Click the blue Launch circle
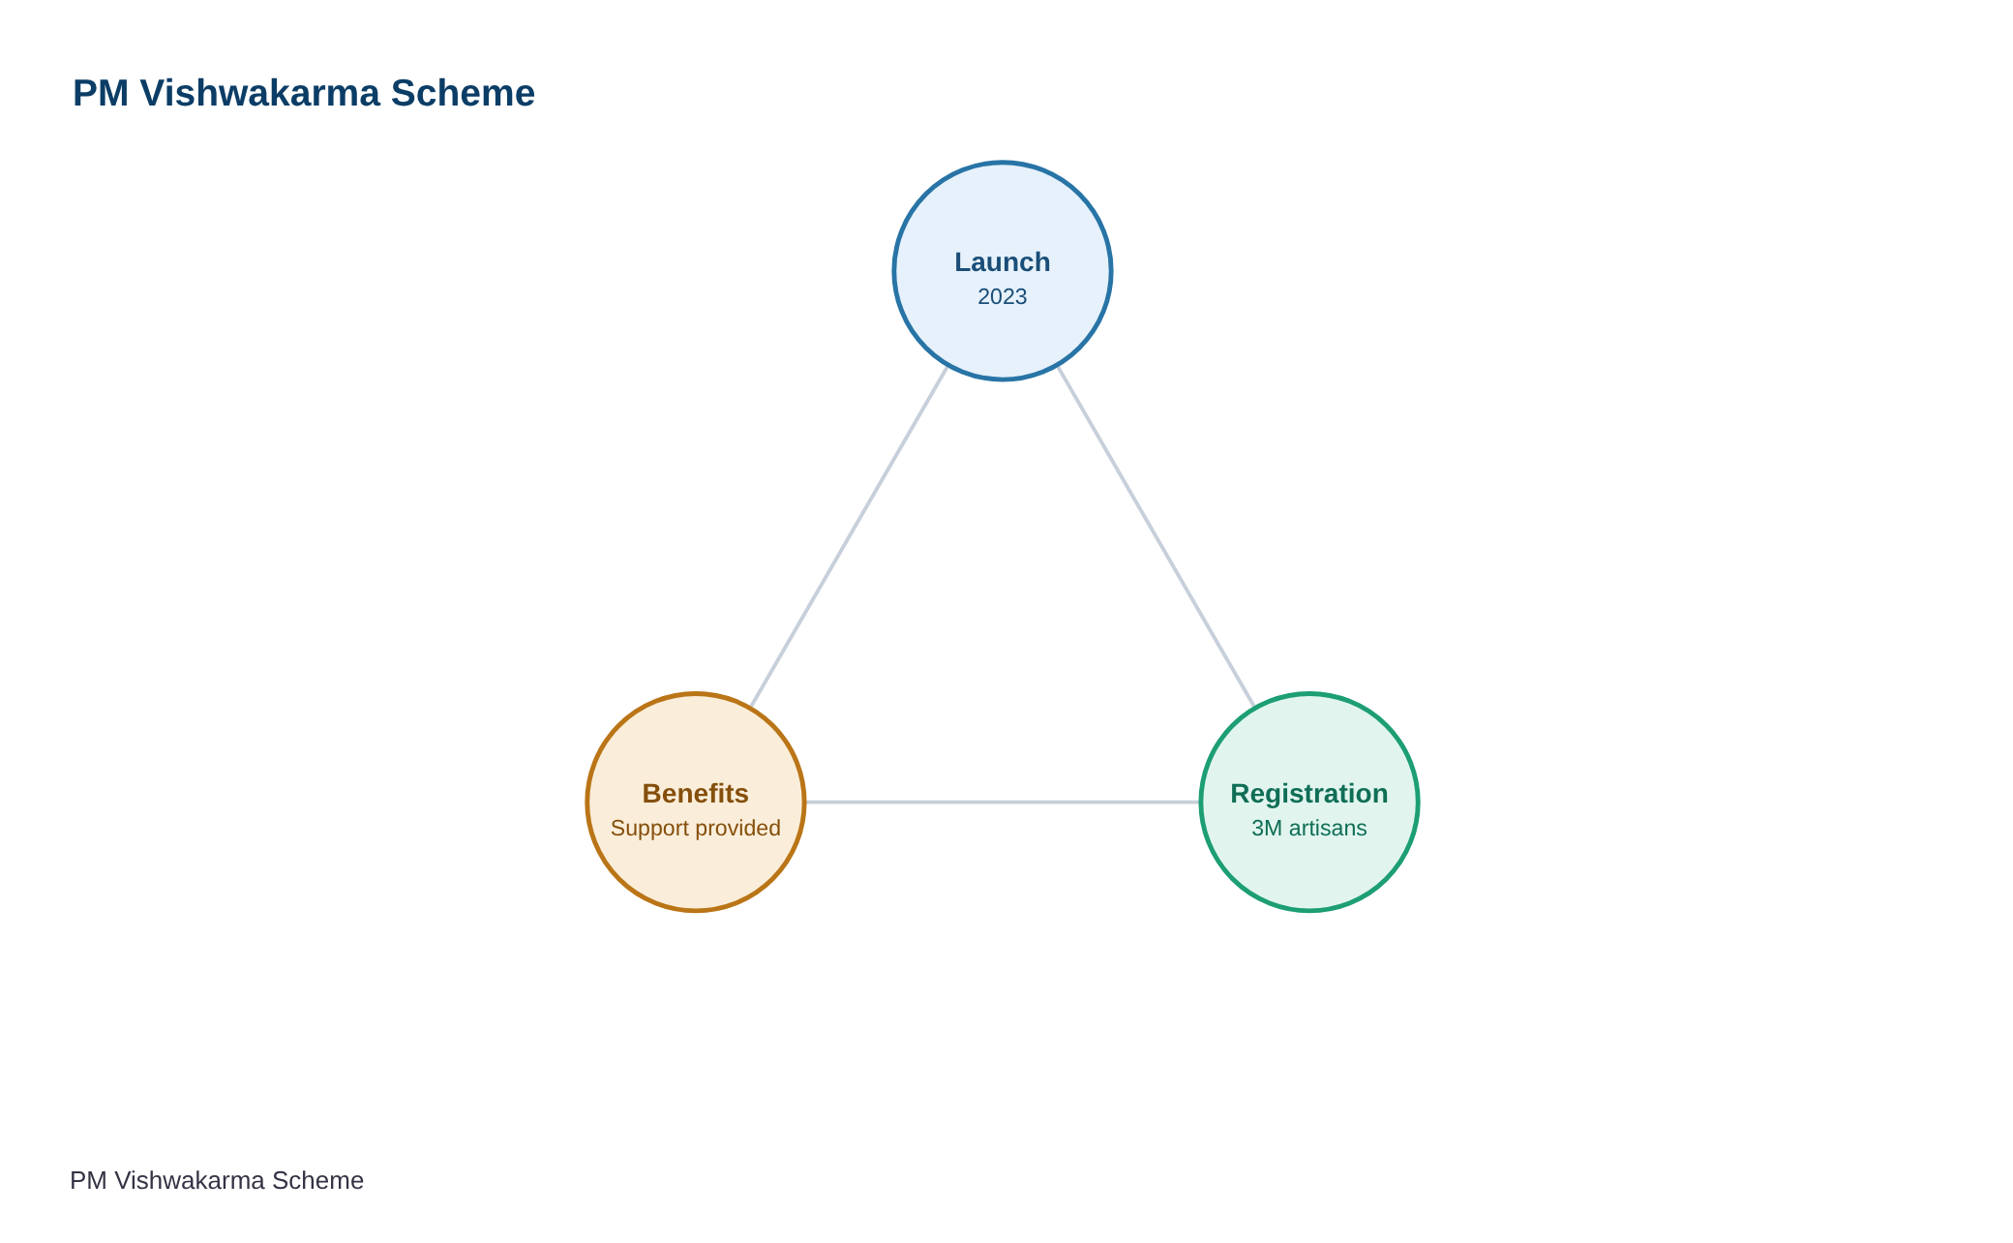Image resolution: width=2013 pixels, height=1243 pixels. (1003, 271)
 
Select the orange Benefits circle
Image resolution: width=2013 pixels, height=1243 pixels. (696, 802)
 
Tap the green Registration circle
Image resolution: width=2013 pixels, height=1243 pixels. (1309, 802)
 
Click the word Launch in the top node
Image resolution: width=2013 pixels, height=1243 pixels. (1003, 262)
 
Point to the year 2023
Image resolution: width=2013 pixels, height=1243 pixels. (1003, 296)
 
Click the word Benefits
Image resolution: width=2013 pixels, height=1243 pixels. (696, 794)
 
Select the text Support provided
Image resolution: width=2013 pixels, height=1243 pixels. (696, 829)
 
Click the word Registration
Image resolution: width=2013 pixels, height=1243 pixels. (1309, 794)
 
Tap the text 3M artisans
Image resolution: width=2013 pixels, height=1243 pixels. (1309, 829)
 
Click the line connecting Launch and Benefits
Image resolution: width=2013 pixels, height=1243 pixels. (850, 536)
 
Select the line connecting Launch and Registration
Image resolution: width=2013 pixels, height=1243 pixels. (1157, 536)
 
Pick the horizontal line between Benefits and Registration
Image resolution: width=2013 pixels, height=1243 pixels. (1003, 802)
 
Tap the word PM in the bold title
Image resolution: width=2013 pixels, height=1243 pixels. (101, 94)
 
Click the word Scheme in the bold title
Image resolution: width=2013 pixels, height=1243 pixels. (463, 94)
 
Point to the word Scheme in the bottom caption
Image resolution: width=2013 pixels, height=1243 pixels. (317, 1181)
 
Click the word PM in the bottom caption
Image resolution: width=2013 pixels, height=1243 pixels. (88, 1181)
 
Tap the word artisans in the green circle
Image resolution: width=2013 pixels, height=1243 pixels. (1328, 829)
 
